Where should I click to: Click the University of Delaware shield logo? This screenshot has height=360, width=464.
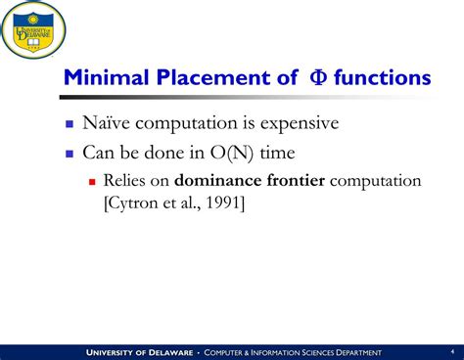32,29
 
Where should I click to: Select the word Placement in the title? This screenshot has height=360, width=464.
213,77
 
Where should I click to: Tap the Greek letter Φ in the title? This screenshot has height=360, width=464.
318,77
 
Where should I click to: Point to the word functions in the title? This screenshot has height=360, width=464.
383,77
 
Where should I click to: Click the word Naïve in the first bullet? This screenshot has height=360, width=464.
107,122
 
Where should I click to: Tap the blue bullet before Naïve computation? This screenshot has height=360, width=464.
70,124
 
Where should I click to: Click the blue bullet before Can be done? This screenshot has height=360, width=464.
70,154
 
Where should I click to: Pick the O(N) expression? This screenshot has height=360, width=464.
232,153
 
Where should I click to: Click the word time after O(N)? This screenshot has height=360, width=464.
277,153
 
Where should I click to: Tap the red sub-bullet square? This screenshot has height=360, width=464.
92,182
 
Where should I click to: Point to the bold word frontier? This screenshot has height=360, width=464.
296,180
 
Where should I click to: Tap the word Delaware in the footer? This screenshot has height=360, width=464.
171,352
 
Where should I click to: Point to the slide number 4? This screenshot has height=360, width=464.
452,351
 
